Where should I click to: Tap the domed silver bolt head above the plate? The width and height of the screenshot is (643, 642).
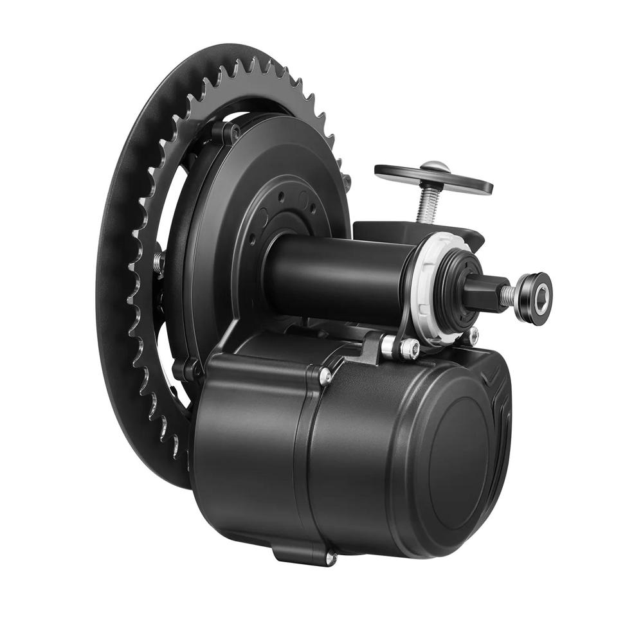(435, 166)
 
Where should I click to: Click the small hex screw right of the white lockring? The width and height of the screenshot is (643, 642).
(474, 334)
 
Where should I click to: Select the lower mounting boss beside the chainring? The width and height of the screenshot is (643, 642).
(189, 370)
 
